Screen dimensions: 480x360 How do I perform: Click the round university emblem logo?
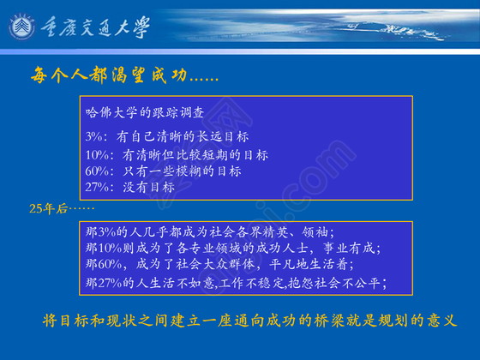tap(21, 27)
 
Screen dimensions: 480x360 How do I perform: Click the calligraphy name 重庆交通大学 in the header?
tap(95, 27)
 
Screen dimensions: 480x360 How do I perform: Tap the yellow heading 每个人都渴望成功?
tap(109, 75)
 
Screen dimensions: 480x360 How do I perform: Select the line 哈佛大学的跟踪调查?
tap(145, 112)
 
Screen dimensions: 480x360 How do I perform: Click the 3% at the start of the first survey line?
tap(94, 136)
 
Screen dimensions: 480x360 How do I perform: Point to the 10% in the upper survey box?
tap(97, 155)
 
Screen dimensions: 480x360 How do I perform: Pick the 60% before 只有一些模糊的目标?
tap(97, 171)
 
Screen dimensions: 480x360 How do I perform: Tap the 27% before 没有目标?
tap(97, 187)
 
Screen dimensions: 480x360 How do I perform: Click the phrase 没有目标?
tap(149, 187)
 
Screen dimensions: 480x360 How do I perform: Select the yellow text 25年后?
tap(48, 209)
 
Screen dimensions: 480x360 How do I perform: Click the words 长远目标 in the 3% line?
tap(222, 136)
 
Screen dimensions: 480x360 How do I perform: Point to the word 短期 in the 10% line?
tap(214, 155)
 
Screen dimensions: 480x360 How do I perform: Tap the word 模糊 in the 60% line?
tap(189, 171)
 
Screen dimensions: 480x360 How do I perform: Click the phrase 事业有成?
tap(350, 248)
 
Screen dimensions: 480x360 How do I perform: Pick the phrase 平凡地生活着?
tap(309, 264)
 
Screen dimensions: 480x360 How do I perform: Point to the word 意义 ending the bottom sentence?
tap(442, 321)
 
